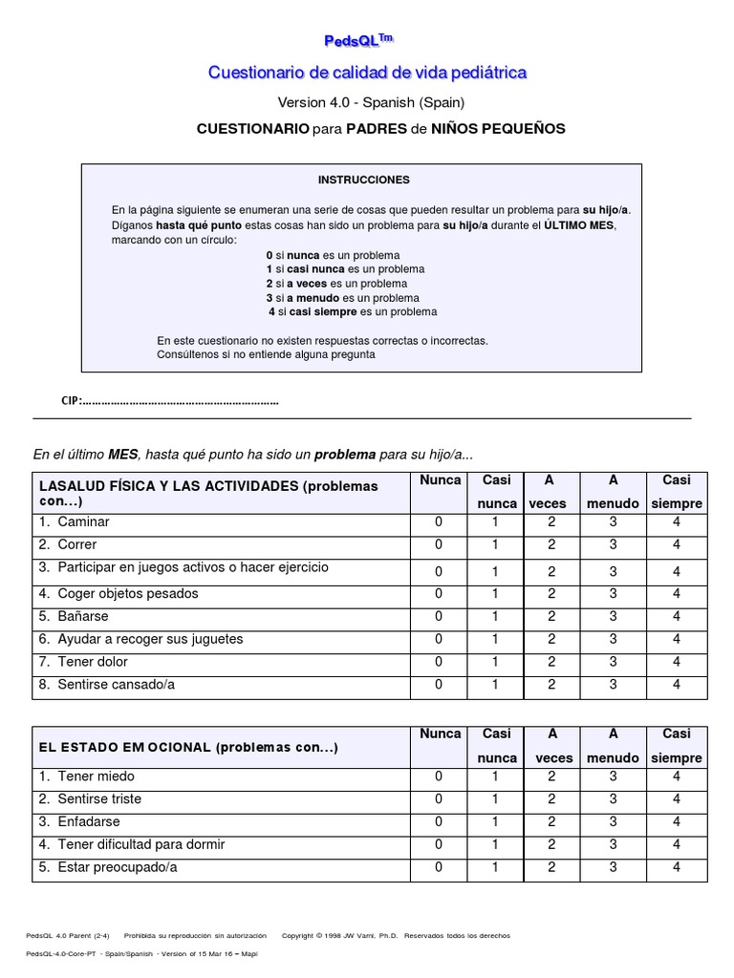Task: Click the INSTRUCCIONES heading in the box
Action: [x=363, y=180]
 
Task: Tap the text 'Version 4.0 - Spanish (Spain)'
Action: [x=372, y=102]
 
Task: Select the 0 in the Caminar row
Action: [x=439, y=522]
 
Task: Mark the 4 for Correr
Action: [x=676, y=545]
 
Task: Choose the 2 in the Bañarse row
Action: [x=551, y=617]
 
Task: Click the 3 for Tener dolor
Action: [x=613, y=662]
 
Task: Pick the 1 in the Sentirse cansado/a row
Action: [x=495, y=685]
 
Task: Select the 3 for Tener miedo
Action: [x=613, y=776]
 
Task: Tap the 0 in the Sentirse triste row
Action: [x=439, y=799]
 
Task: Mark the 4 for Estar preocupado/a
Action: [x=676, y=868]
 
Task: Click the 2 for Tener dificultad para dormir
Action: [x=551, y=845]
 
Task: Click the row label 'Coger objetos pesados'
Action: [x=128, y=594]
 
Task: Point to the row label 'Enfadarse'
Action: [x=89, y=822]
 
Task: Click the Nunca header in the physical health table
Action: [x=440, y=480]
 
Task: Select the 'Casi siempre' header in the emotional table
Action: [x=676, y=746]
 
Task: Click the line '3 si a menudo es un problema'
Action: [x=342, y=298]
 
